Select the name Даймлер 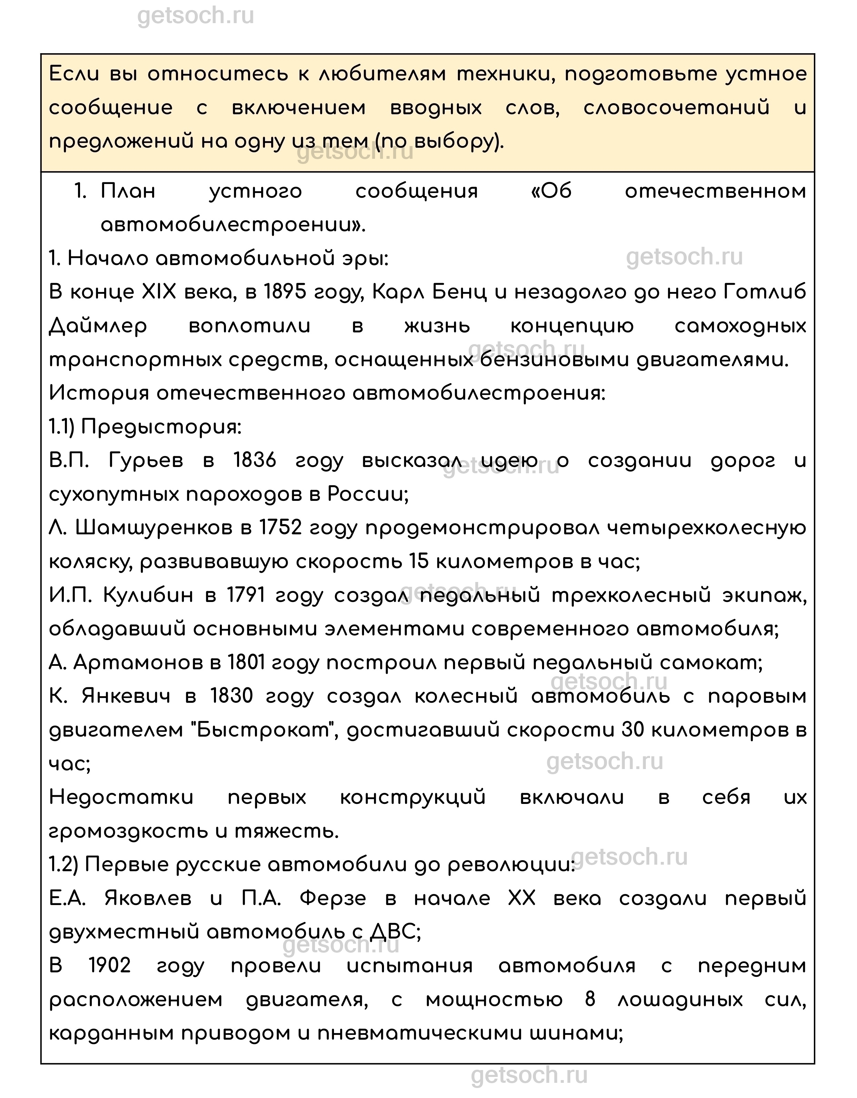(x=98, y=326)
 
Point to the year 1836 (x=255, y=460)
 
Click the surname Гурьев (x=146, y=460)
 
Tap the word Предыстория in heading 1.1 (x=161, y=427)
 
